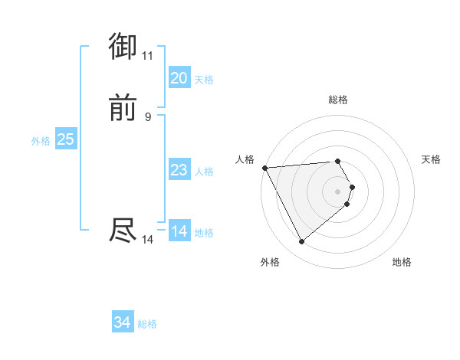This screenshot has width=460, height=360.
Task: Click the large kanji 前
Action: coord(123,108)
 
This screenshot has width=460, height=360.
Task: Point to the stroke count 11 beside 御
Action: coord(147,55)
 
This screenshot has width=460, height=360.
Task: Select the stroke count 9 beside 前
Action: coord(147,116)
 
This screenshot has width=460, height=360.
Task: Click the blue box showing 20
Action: coord(179,78)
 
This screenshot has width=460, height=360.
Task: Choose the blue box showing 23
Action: coord(179,170)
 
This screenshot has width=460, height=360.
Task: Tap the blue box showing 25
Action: coord(65,139)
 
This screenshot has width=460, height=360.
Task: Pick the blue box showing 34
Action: coord(122,323)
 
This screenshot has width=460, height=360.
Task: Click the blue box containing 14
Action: coord(179,231)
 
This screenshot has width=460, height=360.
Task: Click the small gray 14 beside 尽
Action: coord(147,240)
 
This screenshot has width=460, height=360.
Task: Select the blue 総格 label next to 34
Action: coord(147,324)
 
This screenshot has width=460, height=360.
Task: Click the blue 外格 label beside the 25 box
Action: coord(41,141)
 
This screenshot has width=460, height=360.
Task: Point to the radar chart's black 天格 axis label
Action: coord(431,159)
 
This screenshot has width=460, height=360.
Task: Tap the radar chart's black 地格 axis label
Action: coord(402,262)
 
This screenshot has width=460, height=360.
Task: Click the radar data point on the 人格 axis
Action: coord(264,168)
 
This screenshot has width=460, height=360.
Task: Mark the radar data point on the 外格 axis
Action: coord(301,242)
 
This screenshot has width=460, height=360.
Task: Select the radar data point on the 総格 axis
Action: coord(337,162)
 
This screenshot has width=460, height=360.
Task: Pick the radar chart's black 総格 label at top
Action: coord(337,100)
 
